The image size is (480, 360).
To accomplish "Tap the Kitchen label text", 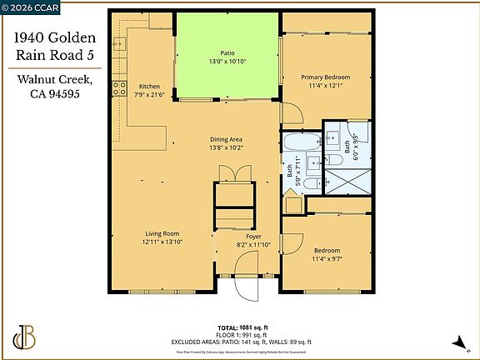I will click(x=149, y=87).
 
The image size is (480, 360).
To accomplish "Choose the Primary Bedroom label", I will click(x=325, y=77).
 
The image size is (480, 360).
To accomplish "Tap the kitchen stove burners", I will click(x=120, y=87).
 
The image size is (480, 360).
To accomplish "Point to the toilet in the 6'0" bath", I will click(x=330, y=132).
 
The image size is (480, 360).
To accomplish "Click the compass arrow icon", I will click(x=457, y=342).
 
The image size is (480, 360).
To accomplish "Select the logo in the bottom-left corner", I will click(x=26, y=337).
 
